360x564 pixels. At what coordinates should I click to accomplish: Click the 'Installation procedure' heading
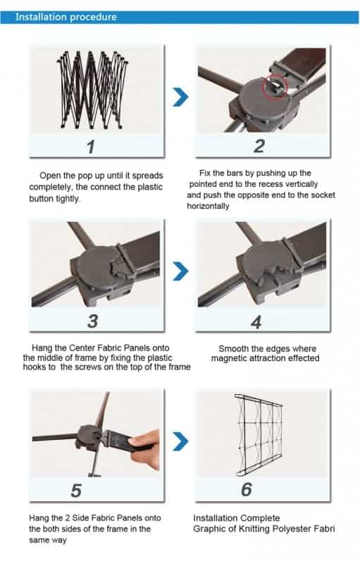pyautogui.click(x=66, y=17)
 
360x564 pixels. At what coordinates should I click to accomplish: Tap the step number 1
pyautogui.click(x=91, y=147)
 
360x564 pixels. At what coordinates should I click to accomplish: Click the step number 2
pyautogui.click(x=259, y=147)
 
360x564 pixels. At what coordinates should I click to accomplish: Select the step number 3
pyautogui.click(x=93, y=321)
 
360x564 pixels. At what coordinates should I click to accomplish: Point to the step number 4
pyautogui.click(x=256, y=322)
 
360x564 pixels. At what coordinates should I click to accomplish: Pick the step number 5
pyautogui.click(x=76, y=491)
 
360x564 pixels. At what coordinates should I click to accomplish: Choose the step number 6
pyautogui.click(x=247, y=489)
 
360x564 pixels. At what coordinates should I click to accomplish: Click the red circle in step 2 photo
pyautogui.click(x=275, y=87)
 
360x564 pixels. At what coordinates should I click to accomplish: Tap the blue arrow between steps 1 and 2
pyautogui.click(x=180, y=97)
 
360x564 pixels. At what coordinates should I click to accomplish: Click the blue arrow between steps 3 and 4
pyautogui.click(x=180, y=271)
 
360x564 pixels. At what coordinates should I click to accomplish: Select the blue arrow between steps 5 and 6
pyautogui.click(x=180, y=441)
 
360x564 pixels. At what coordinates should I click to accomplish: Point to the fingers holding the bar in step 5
pyautogui.click(x=146, y=448)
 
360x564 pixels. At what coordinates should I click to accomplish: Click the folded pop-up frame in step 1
pyautogui.click(x=92, y=90)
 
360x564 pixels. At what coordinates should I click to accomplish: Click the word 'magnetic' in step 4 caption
pyautogui.click(x=228, y=358)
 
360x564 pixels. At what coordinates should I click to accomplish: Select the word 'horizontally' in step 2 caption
pyautogui.click(x=208, y=206)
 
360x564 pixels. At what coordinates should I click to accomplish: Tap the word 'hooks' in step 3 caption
pyautogui.click(x=35, y=367)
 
